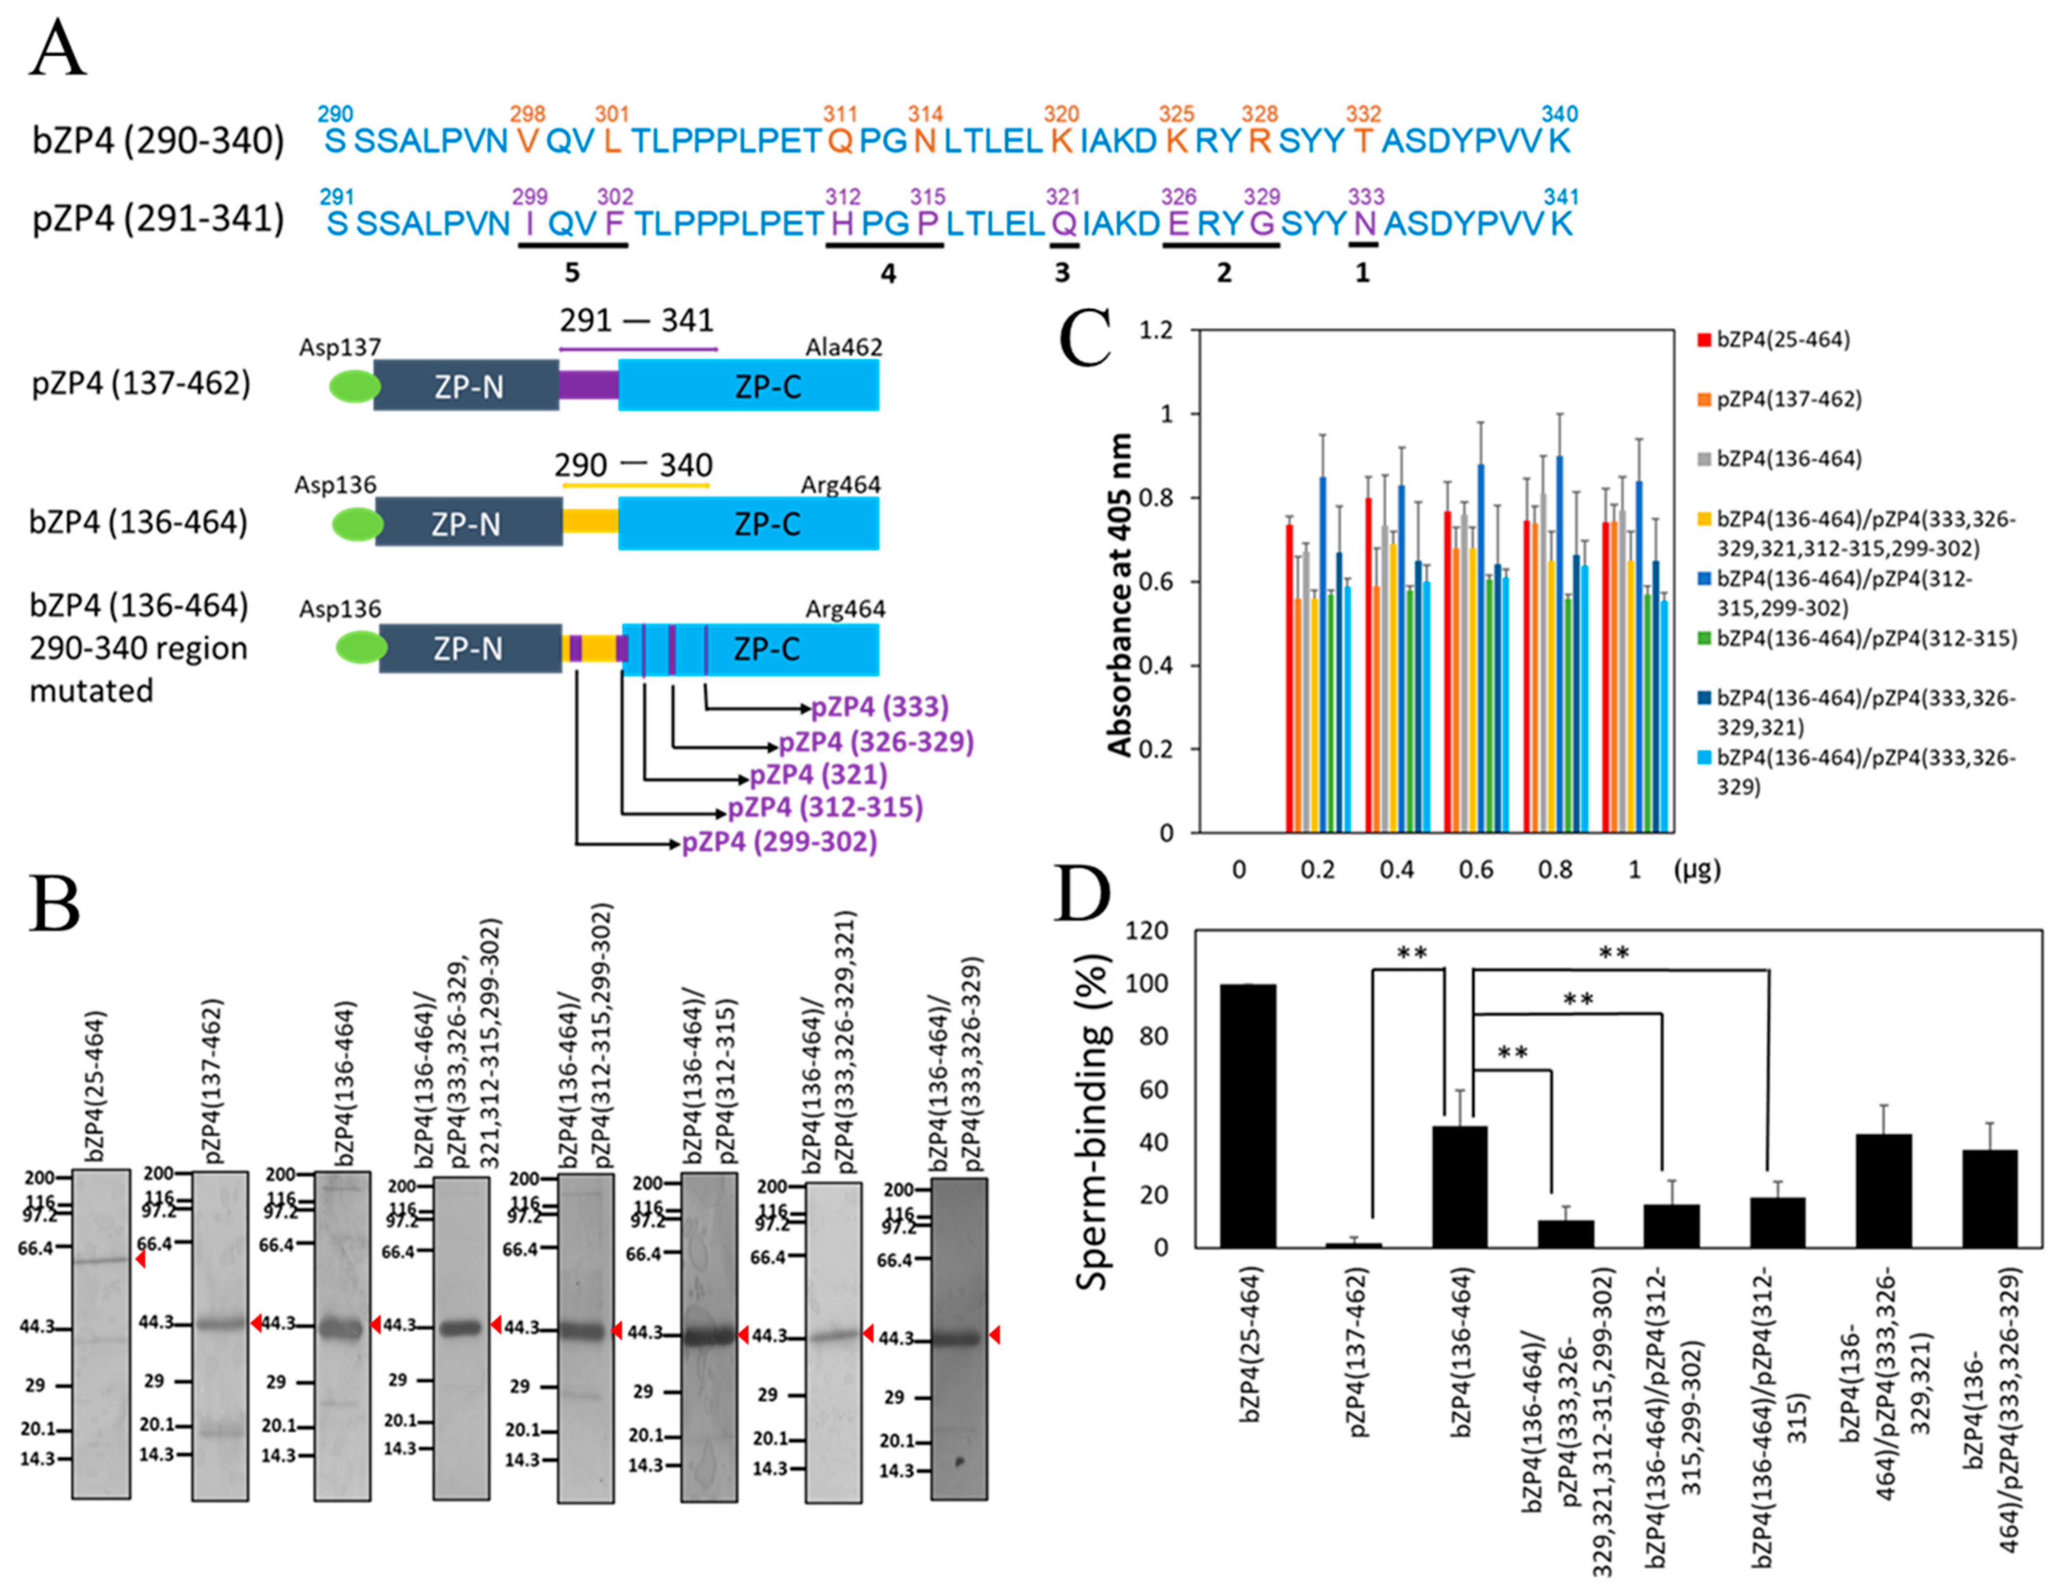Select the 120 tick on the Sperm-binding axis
(x=1148, y=931)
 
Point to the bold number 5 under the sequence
(x=572, y=272)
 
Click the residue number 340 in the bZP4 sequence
(x=1559, y=114)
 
